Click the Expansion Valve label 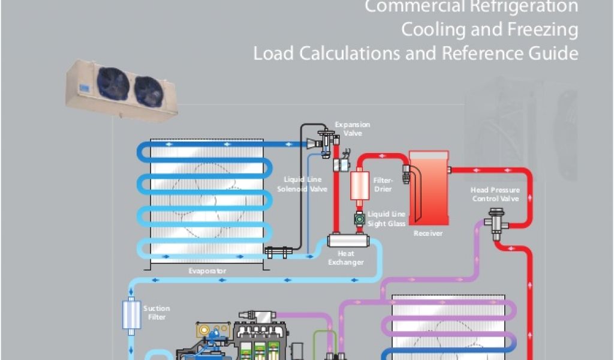(353, 129)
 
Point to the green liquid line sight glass (359, 219)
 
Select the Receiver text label (428, 233)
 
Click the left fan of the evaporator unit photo (114, 83)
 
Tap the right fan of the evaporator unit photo (148, 91)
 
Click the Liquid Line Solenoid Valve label (302, 184)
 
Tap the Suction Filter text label (156, 313)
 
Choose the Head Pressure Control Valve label (495, 194)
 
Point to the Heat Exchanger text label (346, 258)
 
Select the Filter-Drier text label (383, 184)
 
